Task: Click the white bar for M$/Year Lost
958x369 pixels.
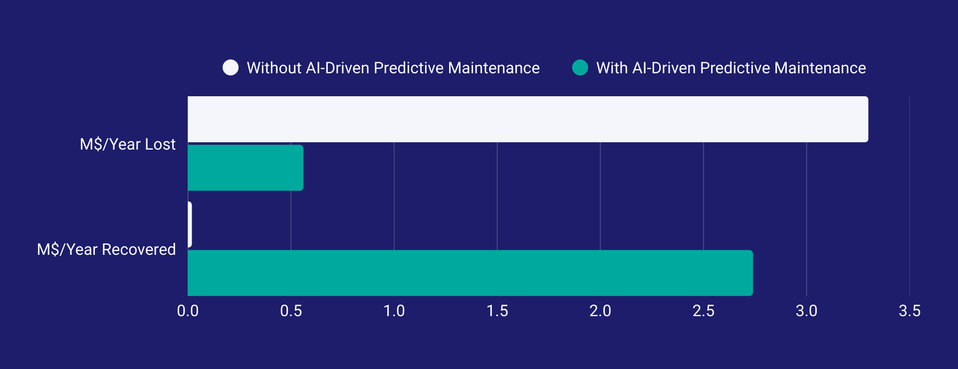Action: tap(527, 119)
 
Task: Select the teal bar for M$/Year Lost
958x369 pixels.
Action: tap(245, 168)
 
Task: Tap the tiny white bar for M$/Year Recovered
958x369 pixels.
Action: tap(190, 224)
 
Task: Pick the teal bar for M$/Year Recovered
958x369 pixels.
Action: tap(470, 273)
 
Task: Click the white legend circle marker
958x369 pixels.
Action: tap(231, 67)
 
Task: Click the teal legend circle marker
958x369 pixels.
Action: tap(580, 67)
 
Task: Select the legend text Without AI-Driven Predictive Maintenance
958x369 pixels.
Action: tap(393, 68)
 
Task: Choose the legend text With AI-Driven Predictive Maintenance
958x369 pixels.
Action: tap(731, 68)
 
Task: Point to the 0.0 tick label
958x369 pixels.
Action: tap(188, 311)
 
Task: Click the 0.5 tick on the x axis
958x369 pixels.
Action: tap(291, 311)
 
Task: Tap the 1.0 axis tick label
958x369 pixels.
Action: tap(394, 311)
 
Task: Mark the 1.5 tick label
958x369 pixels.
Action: tap(497, 311)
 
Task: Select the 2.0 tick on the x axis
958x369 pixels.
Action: tap(600, 311)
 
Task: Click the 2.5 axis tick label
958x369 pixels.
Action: tap(703, 311)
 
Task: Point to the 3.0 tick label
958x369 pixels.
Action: tap(806, 311)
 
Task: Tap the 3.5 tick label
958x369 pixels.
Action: tap(909, 311)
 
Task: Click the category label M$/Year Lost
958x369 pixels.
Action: tap(128, 144)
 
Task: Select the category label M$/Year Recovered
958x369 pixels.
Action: tap(106, 249)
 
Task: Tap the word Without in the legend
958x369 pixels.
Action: tap(273, 68)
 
